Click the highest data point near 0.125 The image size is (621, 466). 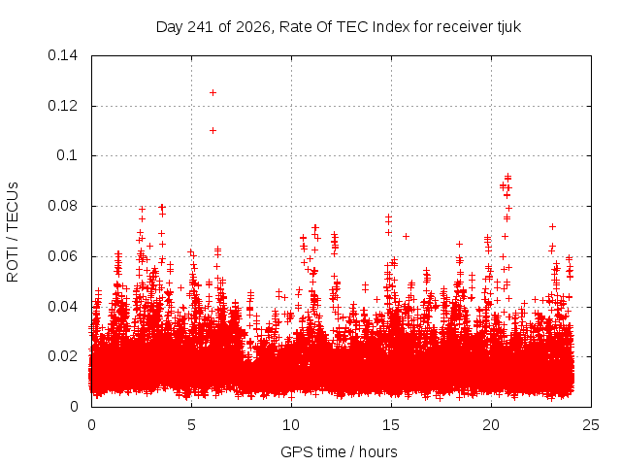coord(212,93)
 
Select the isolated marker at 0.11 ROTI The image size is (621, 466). coord(212,130)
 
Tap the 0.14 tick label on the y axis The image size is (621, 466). coord(62,55)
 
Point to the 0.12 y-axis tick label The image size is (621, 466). coord(62,106)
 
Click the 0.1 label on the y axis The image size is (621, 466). coord(67,155)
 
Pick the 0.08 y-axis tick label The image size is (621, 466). coord(62,206)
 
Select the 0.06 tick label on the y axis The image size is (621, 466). coord(62,256)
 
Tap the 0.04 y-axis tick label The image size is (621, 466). coord(62,307)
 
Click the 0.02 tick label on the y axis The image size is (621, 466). coord(62,356)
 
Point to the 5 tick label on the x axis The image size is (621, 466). coord(192,425)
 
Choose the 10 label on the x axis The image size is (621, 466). coord(291,425)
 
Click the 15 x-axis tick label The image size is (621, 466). coord(391,425)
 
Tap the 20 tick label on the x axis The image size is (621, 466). coord(491,425)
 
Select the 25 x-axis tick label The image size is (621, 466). coord(591,425)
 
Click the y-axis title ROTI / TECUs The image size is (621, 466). coord(13,232)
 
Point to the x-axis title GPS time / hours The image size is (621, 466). coord(339,451)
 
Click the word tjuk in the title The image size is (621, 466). coord(508,27)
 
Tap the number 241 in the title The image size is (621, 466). coord(201,27)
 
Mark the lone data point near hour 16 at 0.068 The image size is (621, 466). coord(406,236)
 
